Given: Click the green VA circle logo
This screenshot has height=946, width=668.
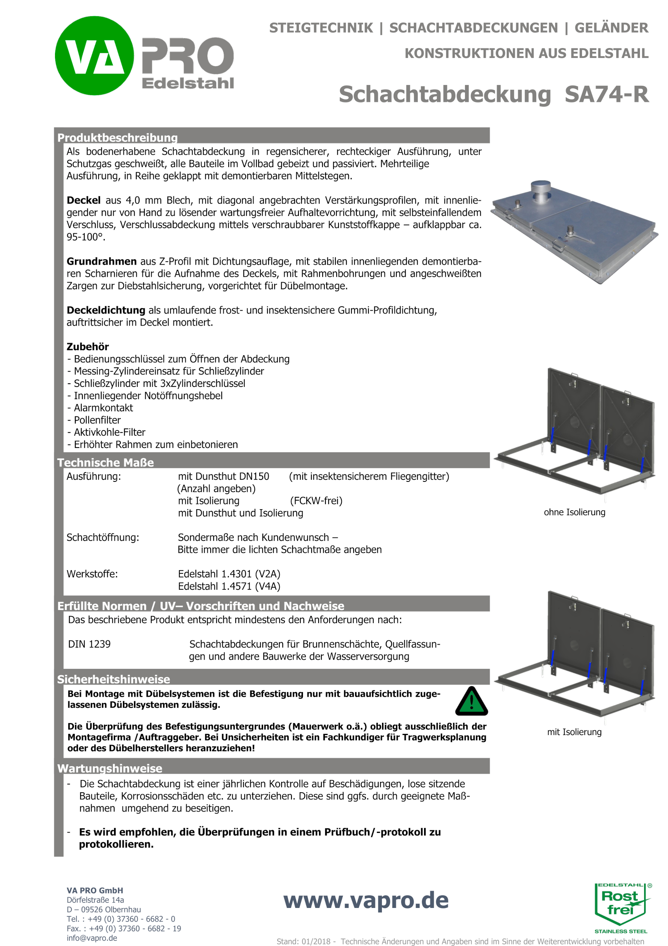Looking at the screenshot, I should click(94, 56).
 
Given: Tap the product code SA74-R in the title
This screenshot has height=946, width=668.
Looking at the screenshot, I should click(606, 94).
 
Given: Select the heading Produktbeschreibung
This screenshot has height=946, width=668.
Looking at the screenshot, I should click(117, 137).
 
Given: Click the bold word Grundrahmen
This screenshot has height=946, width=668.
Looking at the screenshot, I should click(101, 261).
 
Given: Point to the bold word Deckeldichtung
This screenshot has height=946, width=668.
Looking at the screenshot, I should click(106, 310).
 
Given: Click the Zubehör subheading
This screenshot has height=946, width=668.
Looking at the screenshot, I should click(88, 347).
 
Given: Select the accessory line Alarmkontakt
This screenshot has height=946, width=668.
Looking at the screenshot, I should click(103, 408).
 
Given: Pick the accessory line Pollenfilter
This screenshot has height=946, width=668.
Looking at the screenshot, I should click(97, 420).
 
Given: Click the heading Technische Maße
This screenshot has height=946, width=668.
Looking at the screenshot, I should click(105, 463).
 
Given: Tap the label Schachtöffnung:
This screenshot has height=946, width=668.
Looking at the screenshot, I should click(103, 538).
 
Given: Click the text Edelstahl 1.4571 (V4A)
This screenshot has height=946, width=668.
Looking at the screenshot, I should click(229, 586).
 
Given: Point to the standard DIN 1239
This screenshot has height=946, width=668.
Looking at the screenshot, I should click(89, 644).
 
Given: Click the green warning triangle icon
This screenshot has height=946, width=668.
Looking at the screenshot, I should click(471, 702).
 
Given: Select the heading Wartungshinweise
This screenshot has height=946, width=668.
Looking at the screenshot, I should click(110, 768).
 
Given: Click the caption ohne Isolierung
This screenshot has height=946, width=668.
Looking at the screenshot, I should click(574, 512).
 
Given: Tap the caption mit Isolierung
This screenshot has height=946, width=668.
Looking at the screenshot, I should click(574, 732).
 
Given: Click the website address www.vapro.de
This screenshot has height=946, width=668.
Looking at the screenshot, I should click(365, 900).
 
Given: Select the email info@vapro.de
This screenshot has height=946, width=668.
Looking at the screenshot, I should click(92, 938).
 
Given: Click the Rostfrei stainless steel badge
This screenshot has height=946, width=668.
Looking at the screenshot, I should click(621, 906).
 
